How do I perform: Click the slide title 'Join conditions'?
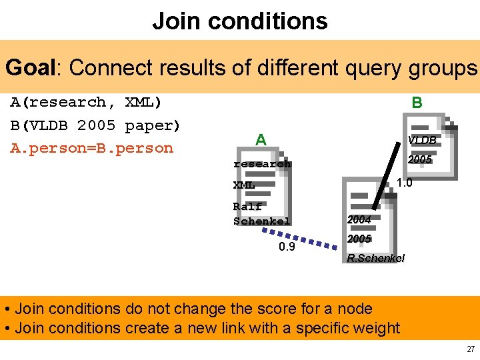pyautogui.click(x=240, y=21)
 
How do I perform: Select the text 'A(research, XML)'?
pyautogui.click(x=86, y=102)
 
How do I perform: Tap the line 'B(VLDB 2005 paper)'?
pyautogui.click(x=95, y=125)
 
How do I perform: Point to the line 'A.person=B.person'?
pyautogui.click(x=91, y=148)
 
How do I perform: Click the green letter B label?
pyautogui.click(x=417, y=102)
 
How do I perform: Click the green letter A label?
pyautogui.click(x=261, y=139)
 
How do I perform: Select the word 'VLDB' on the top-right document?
pyautogui.click(x=423, y=140)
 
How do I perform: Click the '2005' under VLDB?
pyautogui.click(x=420, y=159)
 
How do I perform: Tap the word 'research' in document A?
pyautogui.click(x=262, y=163)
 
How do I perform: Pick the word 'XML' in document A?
pyautogui.click(x=244, y=185)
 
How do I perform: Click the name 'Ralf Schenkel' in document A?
pyautogui.click(x=261, y=213)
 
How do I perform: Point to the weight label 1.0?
pyautogui.click(x=404, y=183)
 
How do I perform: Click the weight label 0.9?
pyautogui.click(x=287, y=247)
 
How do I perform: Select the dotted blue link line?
pyautogui.click(x=299, y=238)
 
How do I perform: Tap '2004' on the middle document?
pyautogui.click(x=359, y=219)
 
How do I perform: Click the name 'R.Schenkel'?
pyautogui.click(x=375, y=258)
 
